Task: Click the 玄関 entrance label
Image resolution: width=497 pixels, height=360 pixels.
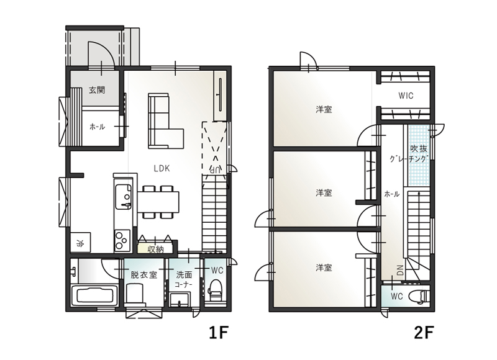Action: coord(97,90)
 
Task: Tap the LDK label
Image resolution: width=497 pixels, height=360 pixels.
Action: coord(162,168)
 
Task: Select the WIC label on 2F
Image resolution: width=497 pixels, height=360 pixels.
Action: coord(406,96)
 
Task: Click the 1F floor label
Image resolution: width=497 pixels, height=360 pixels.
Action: coord(219,333)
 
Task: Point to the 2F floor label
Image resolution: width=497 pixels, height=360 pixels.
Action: coord(424,333)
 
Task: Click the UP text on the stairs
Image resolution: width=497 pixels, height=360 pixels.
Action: coord(214,169)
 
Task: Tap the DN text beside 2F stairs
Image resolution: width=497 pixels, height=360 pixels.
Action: coord(400,270)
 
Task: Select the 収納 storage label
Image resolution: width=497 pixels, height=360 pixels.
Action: coord(156,250)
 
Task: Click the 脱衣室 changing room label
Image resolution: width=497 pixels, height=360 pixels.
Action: coord(144,274)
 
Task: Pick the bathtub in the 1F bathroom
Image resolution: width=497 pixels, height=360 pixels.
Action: coord(94,295)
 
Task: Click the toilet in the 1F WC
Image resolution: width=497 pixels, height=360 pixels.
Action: coord(216,289)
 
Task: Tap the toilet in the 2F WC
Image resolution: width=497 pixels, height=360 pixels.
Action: coord(418,297)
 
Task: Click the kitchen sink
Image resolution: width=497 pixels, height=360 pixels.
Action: coord(123,197)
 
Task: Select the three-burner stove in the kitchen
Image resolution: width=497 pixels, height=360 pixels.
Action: coord(122,241)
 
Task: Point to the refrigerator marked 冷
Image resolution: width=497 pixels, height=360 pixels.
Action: coord(81,243)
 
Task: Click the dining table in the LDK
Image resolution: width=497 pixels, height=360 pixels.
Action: coord(158,202)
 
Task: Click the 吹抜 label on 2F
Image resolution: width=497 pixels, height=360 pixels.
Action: coord(419,148)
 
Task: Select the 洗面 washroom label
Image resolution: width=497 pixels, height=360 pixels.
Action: coord(184,274)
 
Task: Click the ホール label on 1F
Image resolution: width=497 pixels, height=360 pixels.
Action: coord(97,127)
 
